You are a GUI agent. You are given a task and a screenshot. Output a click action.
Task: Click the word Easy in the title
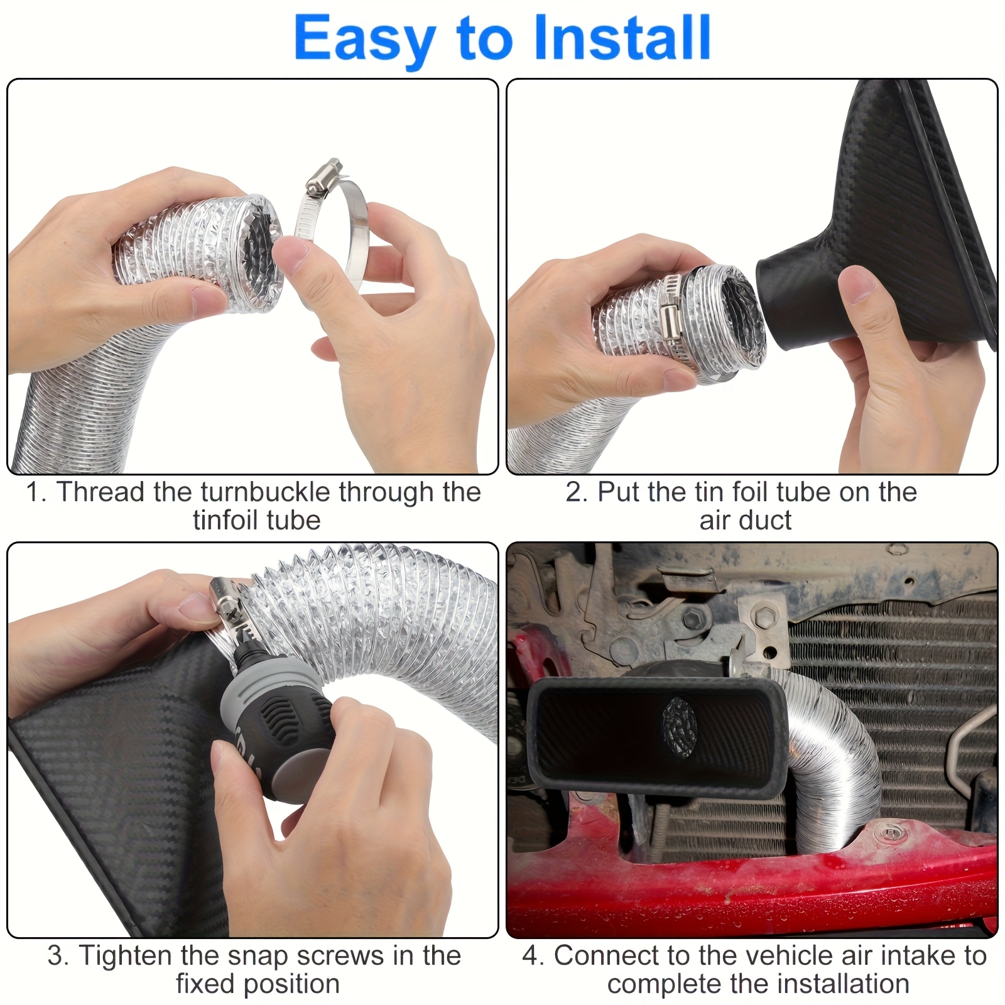click(x=365, y=40)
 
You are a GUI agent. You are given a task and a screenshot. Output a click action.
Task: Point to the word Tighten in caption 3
click(x=125, y=956)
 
